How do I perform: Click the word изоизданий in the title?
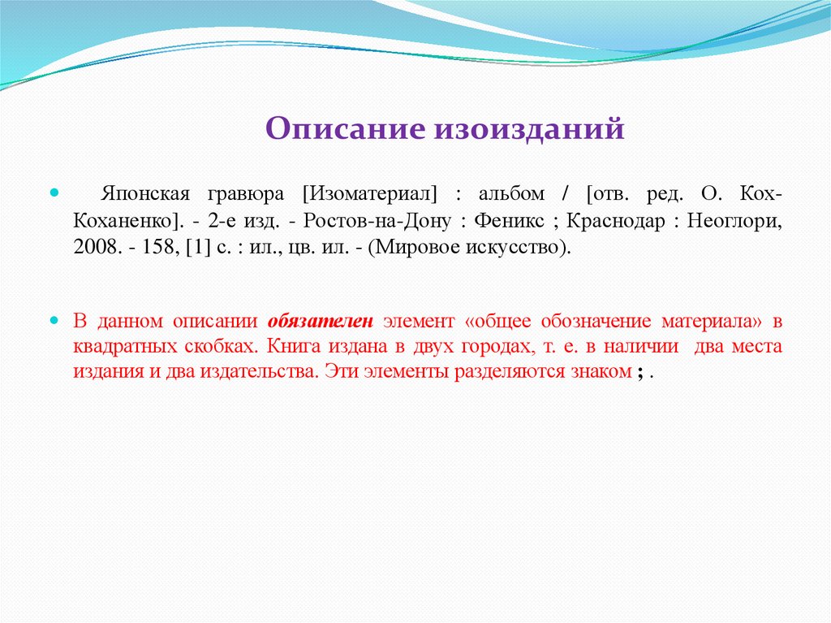coord(532,128)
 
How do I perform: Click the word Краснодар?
coord(617,221)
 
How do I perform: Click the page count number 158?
coord(154,247)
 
